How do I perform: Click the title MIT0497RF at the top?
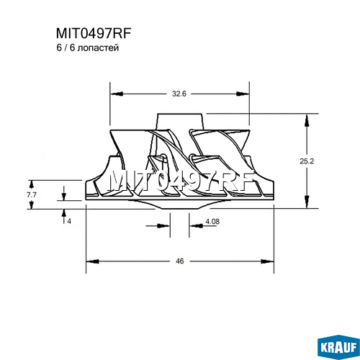[x=94, y=33]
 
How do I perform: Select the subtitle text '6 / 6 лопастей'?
[x=88, y=48]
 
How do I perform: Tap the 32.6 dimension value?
[x=179, y=94]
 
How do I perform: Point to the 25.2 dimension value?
[x=307, y=161]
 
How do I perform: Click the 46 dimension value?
[x=180, y=261]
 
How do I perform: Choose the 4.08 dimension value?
[x=212, y=221]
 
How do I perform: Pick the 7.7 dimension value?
[x=32, y=195]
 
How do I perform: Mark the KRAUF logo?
[x=338, y=347]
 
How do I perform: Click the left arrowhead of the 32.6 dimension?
[x=117, y=94]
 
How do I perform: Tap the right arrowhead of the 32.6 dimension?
[x=243, y=94]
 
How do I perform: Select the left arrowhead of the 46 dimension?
[x=93, y=261]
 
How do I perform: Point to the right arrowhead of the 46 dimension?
[x=267, y=261]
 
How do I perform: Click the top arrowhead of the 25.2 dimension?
[x=307, y=120]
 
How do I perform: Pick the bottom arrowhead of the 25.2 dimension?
[x=307, y=202]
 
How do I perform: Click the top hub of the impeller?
[x=180, y=122]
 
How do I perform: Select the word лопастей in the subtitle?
[x=99, y=48]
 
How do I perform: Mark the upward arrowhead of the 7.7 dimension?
[x=31, y=185]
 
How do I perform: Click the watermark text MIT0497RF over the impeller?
[x=181, y=181]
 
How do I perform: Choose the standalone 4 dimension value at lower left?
[x=69, y=221]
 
